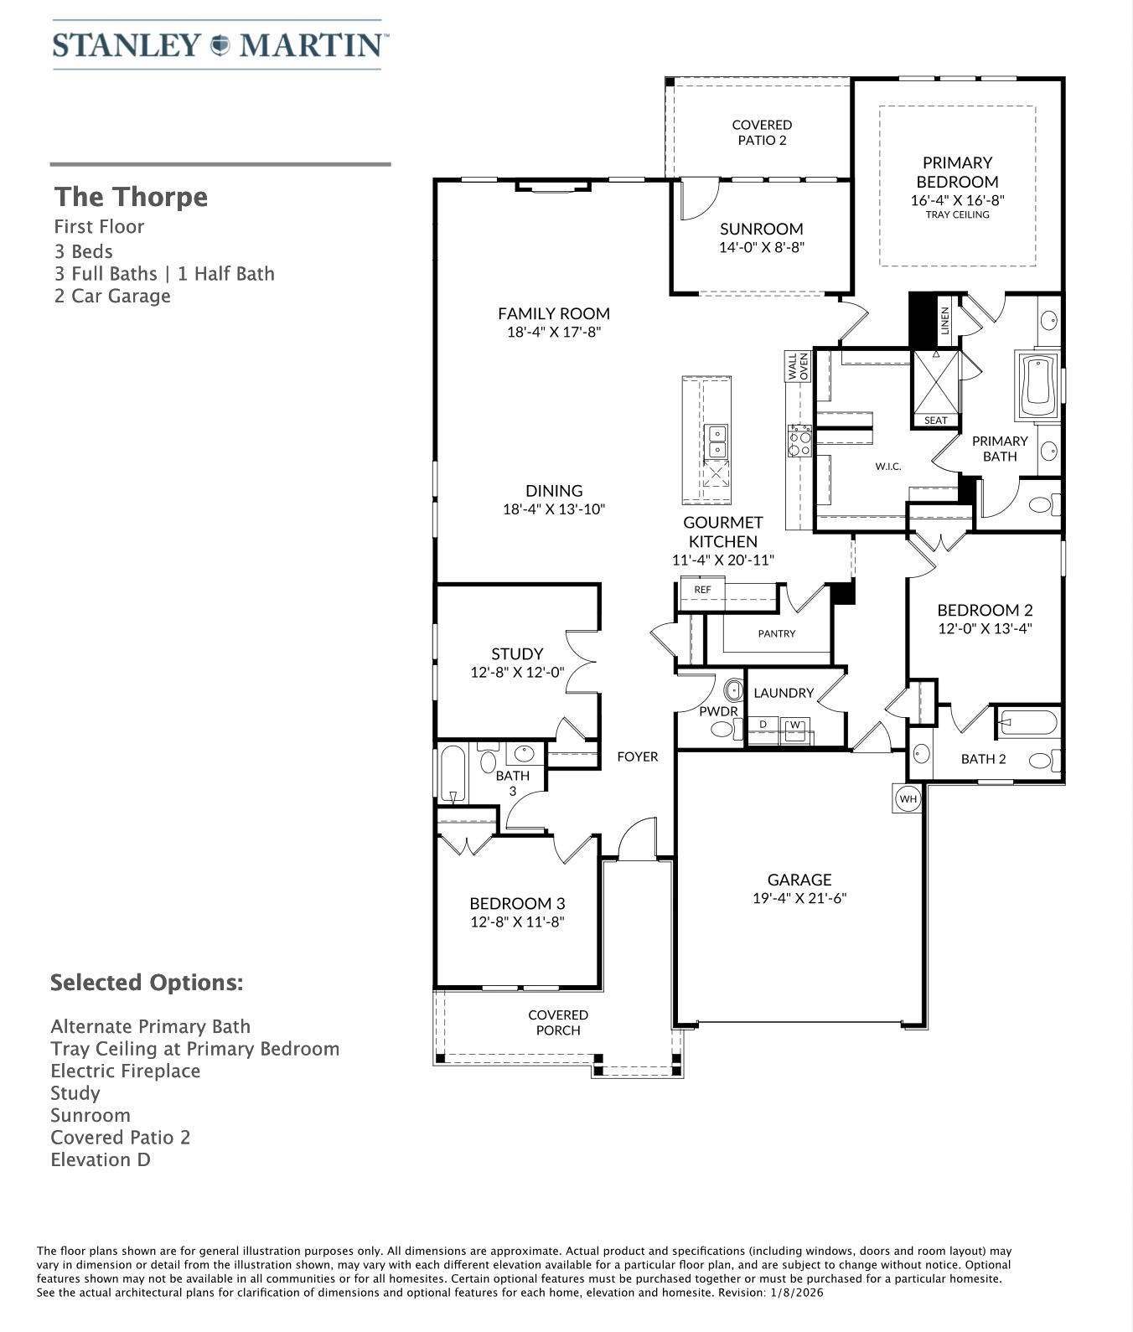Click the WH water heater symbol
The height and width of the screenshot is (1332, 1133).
click(908, 798)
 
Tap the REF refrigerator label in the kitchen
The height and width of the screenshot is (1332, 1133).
click(702, 590)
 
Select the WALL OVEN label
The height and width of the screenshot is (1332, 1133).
click(798, 367)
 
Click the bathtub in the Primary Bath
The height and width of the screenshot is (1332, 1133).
click(1038, 386)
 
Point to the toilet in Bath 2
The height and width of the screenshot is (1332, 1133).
click(1044, 761)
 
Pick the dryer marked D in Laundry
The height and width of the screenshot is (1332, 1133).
click(763, 725)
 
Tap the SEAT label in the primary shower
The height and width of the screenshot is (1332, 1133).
click(936, 421)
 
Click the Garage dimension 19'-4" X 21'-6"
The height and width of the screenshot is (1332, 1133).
click(799, 899)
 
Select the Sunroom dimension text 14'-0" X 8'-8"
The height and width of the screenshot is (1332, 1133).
click(762, 248)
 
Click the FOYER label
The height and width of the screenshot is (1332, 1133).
click(637, 756)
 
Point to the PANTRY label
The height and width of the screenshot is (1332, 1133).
click(777, 633)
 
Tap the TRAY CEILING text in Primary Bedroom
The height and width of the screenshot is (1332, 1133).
click(957, 214)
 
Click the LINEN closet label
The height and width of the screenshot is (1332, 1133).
click(945, 321)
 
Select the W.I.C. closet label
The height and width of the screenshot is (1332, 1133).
click(888, 466)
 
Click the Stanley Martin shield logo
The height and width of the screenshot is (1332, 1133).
click(220, 44)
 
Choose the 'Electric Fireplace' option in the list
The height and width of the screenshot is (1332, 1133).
click(126, 1071)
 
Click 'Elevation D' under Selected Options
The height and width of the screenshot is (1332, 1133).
click(101, 1159)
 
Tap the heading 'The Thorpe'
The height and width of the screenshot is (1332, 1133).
click(131, 197)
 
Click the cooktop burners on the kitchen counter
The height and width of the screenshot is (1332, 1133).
click(799, 441)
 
